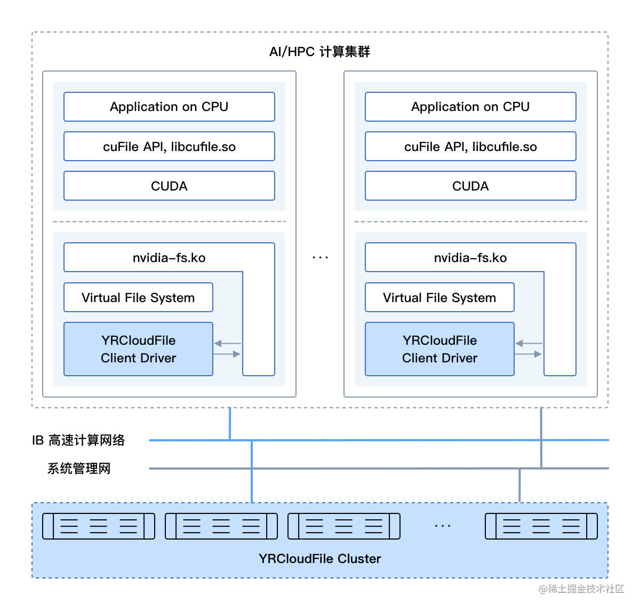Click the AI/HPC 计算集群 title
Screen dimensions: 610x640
(x=319, y=52)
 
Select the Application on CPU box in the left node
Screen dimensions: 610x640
(x=169, y=107)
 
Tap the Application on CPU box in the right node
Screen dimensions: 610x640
(x=470, y=107)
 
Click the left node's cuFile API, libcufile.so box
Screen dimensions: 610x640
(x=169, y=147)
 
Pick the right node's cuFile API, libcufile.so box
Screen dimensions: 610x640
(x=470, y=147)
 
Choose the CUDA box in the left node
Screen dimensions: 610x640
(x=169, y=186)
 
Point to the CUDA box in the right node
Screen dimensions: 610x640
(x=470, y=186)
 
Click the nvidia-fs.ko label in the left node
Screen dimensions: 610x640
(x=169, y=258)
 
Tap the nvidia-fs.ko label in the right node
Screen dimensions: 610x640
(x=470, y=258)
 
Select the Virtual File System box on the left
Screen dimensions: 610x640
(x=138, y=298)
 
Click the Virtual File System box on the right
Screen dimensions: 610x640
(x=439, y=298)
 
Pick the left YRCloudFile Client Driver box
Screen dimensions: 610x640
(x=138, y=349)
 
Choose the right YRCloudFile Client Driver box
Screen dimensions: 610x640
(x=439, y=349)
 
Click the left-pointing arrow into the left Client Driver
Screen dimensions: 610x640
(x=227, y=344)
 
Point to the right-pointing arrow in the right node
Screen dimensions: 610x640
(x=529, y=354)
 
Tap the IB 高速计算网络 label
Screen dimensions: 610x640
(x=78, y=440)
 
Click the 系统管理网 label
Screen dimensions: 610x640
(x=79, y=469)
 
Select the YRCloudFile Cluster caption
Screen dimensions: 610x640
(x=319, y=559)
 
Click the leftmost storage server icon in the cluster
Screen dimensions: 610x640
(x=99, y=526)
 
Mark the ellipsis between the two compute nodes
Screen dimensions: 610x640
(x=320, y=258)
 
